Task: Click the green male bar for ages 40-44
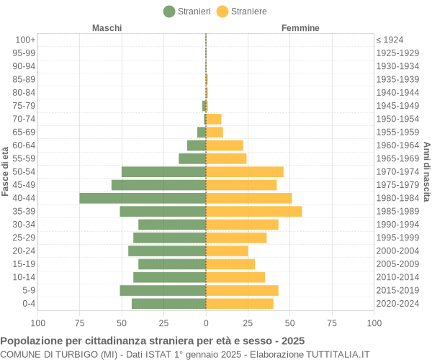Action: (x=143, y=198)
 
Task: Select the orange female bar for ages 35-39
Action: (x=253, y=211)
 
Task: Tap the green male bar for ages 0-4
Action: (x=168, y=304)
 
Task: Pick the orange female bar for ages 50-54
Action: (x=245, y=171)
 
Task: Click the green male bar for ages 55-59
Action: (x=192, y=158)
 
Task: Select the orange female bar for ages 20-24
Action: (x=227, y=251)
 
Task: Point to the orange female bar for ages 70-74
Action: (x=213, y=119)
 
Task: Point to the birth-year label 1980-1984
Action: (x=397, y=198)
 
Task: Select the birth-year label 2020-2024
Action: (x=397, y=304)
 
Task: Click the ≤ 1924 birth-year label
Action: (x=390, y=40)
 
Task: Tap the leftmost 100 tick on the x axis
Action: (x=38, y=323)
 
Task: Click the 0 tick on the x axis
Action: (x=206, y=323)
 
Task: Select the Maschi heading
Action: (x=107, y=27)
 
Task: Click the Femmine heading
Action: (x=300, y=27)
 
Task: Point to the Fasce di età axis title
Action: (x=6, y=171)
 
